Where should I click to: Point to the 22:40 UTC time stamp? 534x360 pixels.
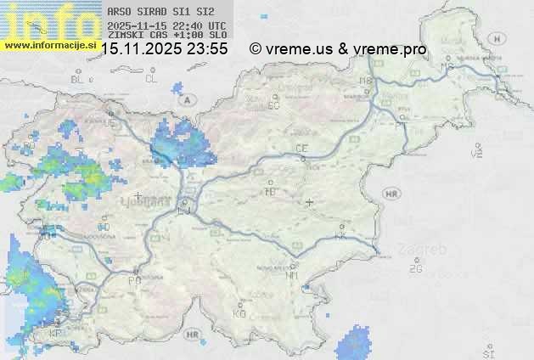point(197,25)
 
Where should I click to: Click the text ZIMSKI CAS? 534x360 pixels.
point(136,36)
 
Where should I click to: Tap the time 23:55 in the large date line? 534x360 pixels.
point(207,49)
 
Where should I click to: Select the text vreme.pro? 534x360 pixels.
point(394,49)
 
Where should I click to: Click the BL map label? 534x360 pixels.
point(77,79)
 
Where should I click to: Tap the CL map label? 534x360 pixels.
point(151,79)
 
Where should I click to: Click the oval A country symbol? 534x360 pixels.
point(187,99)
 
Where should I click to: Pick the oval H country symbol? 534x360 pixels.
point(502,39)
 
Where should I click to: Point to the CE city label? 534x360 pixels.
point(301,149)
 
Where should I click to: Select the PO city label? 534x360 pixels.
point(134,280)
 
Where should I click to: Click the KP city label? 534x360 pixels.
point(56,334)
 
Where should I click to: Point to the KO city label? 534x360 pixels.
point(239,313)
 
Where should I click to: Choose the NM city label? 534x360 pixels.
point(292,275)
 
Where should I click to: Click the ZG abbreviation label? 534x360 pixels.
point(415,269)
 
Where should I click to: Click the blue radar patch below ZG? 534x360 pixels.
point(352,346)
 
